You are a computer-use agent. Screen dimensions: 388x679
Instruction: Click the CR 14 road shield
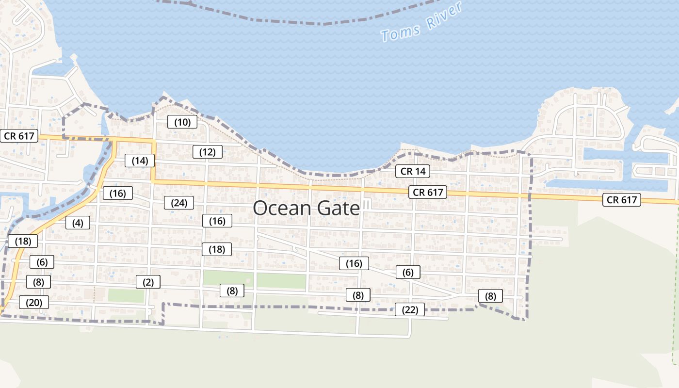click(413, 171)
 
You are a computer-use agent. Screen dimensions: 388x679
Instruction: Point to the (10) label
click(182, 122)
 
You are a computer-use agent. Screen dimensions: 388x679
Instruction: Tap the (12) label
click(207, 152)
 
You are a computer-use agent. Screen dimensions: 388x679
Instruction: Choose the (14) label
click(140, 161)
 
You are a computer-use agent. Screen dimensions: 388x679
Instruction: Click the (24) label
click(179, 203)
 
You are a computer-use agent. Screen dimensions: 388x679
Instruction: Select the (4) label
click(78, 223)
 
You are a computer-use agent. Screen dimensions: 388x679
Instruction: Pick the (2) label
click(148, 282)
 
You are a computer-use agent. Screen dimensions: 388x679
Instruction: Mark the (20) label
click(34, 303)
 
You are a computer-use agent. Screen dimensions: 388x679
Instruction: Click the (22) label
click(410, 309)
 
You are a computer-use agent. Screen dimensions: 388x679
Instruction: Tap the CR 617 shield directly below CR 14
click(427, 192)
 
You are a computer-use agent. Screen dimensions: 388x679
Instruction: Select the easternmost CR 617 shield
click(621, 199)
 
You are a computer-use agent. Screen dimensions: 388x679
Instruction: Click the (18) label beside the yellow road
click(23, 241)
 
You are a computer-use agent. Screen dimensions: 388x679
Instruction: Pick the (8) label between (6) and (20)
click(38, 282)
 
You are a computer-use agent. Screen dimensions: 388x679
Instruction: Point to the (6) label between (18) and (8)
click(42, 262)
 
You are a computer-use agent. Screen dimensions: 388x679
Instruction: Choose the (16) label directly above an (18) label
click(217, 221)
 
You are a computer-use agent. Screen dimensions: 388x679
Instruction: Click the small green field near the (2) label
click(126, 295)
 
